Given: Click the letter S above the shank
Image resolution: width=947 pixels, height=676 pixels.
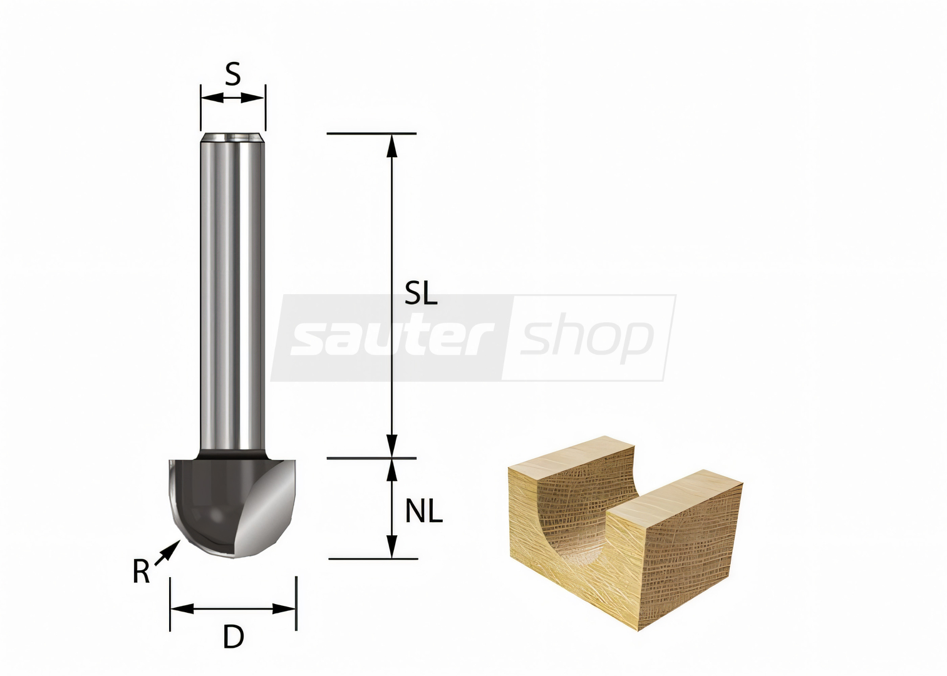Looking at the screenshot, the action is click(232, 74).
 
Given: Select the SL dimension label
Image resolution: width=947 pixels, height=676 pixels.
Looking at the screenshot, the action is click(421, 293).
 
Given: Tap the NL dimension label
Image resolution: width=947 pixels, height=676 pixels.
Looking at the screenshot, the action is click(423, 511).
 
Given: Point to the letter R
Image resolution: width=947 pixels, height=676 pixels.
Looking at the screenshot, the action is click(141, 571).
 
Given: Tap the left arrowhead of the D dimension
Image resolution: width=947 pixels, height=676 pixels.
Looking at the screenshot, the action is click(182, 609).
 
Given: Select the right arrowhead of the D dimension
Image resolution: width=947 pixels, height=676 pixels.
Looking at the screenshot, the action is click(284, 609).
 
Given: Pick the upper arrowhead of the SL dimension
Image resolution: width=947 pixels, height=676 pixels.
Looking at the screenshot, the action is click(392, 146).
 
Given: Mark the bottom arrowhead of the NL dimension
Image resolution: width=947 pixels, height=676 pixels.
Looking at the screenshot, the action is click(392, 546).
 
